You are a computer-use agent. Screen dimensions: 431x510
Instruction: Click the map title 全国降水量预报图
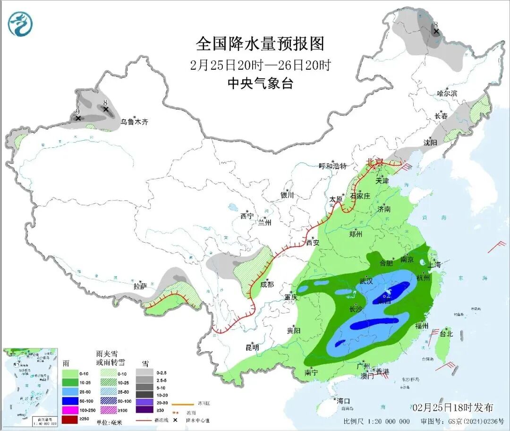tap(260, 44)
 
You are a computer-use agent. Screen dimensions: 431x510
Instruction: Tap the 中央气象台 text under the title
tap(260, 84)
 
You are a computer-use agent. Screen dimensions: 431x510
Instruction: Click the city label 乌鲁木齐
tap(134, 122)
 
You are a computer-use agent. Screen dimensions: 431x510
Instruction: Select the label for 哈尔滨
tap(447, 93)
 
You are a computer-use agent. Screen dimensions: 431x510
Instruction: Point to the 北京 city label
tap(375, 162)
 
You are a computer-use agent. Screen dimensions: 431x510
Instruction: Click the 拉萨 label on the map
tap(140, 286)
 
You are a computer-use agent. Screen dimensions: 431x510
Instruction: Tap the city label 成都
tap(267, 284)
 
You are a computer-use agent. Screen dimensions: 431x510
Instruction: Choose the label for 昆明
tap(252, 347)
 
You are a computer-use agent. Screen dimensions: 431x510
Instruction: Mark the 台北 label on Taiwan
tap(446, 334)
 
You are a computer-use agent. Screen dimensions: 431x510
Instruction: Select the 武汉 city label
tap(366, 281)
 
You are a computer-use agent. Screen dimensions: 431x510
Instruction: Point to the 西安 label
tap(313, 243)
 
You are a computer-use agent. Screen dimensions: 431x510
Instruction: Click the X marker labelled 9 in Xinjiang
tap(78, 118)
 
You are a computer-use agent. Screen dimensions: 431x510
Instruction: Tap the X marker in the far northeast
tap(436, 32)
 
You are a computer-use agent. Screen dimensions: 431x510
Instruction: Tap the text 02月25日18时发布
tap(452, 407)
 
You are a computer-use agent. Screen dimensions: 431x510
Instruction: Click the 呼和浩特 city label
tap(333, 166)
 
